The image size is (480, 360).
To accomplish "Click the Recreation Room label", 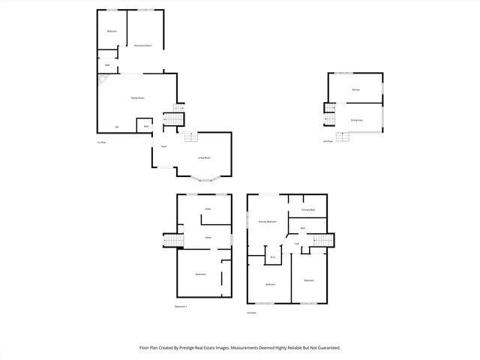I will (x=143, y=46).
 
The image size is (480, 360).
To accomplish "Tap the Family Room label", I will (x=137, y=98).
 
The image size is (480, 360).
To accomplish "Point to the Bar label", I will (x=116, y=127).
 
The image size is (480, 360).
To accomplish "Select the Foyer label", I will (x=163, y=146).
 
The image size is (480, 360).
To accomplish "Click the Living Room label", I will (x=203, y=158).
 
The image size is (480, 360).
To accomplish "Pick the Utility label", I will (x=207, y=208).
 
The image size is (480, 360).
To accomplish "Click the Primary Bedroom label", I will (x=268, y=222).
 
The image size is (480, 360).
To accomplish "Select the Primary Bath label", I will (x=307, y=210).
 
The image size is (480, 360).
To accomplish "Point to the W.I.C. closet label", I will (x=273, y=258).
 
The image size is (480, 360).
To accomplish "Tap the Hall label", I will (x=297, y=244).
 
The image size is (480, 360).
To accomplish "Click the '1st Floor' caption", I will (x=100, y=142).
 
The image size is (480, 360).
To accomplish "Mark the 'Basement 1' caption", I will (x=181, y=307).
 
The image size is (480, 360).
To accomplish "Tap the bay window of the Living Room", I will (x=204, y=179).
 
